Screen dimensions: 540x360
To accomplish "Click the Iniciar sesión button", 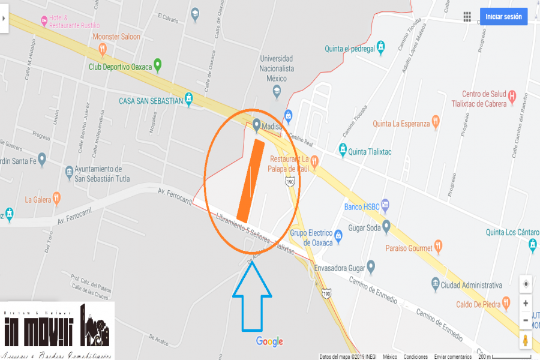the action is pyautogui.click(x=503, y=17).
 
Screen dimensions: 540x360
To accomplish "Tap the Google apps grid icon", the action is pyautogui.click(x=467, y=17).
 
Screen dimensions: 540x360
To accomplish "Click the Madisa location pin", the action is pyautogui.click(x=257, y=124).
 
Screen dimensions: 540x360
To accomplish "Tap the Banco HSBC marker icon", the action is pyautogui.click(x=385, y=206).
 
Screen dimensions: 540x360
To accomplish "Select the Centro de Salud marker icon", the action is pyautogui.click(x=512, y=95).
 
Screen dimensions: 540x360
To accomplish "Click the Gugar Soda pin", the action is pyautogui.click(x=387, y=227).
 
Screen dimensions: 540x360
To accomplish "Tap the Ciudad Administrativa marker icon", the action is pyautogui.click(x=435, y=283).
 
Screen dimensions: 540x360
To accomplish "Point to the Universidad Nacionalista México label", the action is pyautogui.click(x=277, y=68).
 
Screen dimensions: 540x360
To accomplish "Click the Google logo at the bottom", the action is pyautogui.click(x=269, y=341).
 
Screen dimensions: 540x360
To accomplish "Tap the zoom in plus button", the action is pyautogui.click(x=526, y=304).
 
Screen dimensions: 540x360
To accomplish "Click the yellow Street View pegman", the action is pyautogui.click(x=526, y=340).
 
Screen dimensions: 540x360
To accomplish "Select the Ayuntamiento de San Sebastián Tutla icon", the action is pyautogui.click(x=70, y=173).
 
